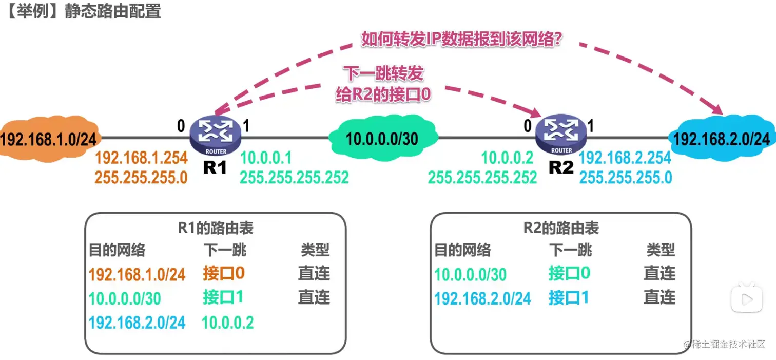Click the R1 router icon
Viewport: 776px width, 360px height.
[215, 132]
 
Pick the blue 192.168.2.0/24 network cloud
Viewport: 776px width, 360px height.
[721, 138]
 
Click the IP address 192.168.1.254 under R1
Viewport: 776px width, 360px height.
[141, 157]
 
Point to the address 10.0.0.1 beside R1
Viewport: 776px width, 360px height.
[266, 157]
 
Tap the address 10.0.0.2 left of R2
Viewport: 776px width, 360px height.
[507, 157]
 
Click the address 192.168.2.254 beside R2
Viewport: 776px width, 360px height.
[625, 157]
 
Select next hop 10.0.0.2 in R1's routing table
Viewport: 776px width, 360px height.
[228, 323]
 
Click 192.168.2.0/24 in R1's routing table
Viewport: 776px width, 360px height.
[137, 323]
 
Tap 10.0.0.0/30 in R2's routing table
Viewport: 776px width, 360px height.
[470, 274]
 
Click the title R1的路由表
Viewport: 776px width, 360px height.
[216, 228]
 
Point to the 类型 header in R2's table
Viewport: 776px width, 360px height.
[661, 250]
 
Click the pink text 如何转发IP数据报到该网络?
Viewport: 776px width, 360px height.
[460, 40]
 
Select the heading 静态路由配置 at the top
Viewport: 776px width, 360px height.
[113, 11]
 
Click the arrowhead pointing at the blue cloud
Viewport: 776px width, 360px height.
[717, 110]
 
